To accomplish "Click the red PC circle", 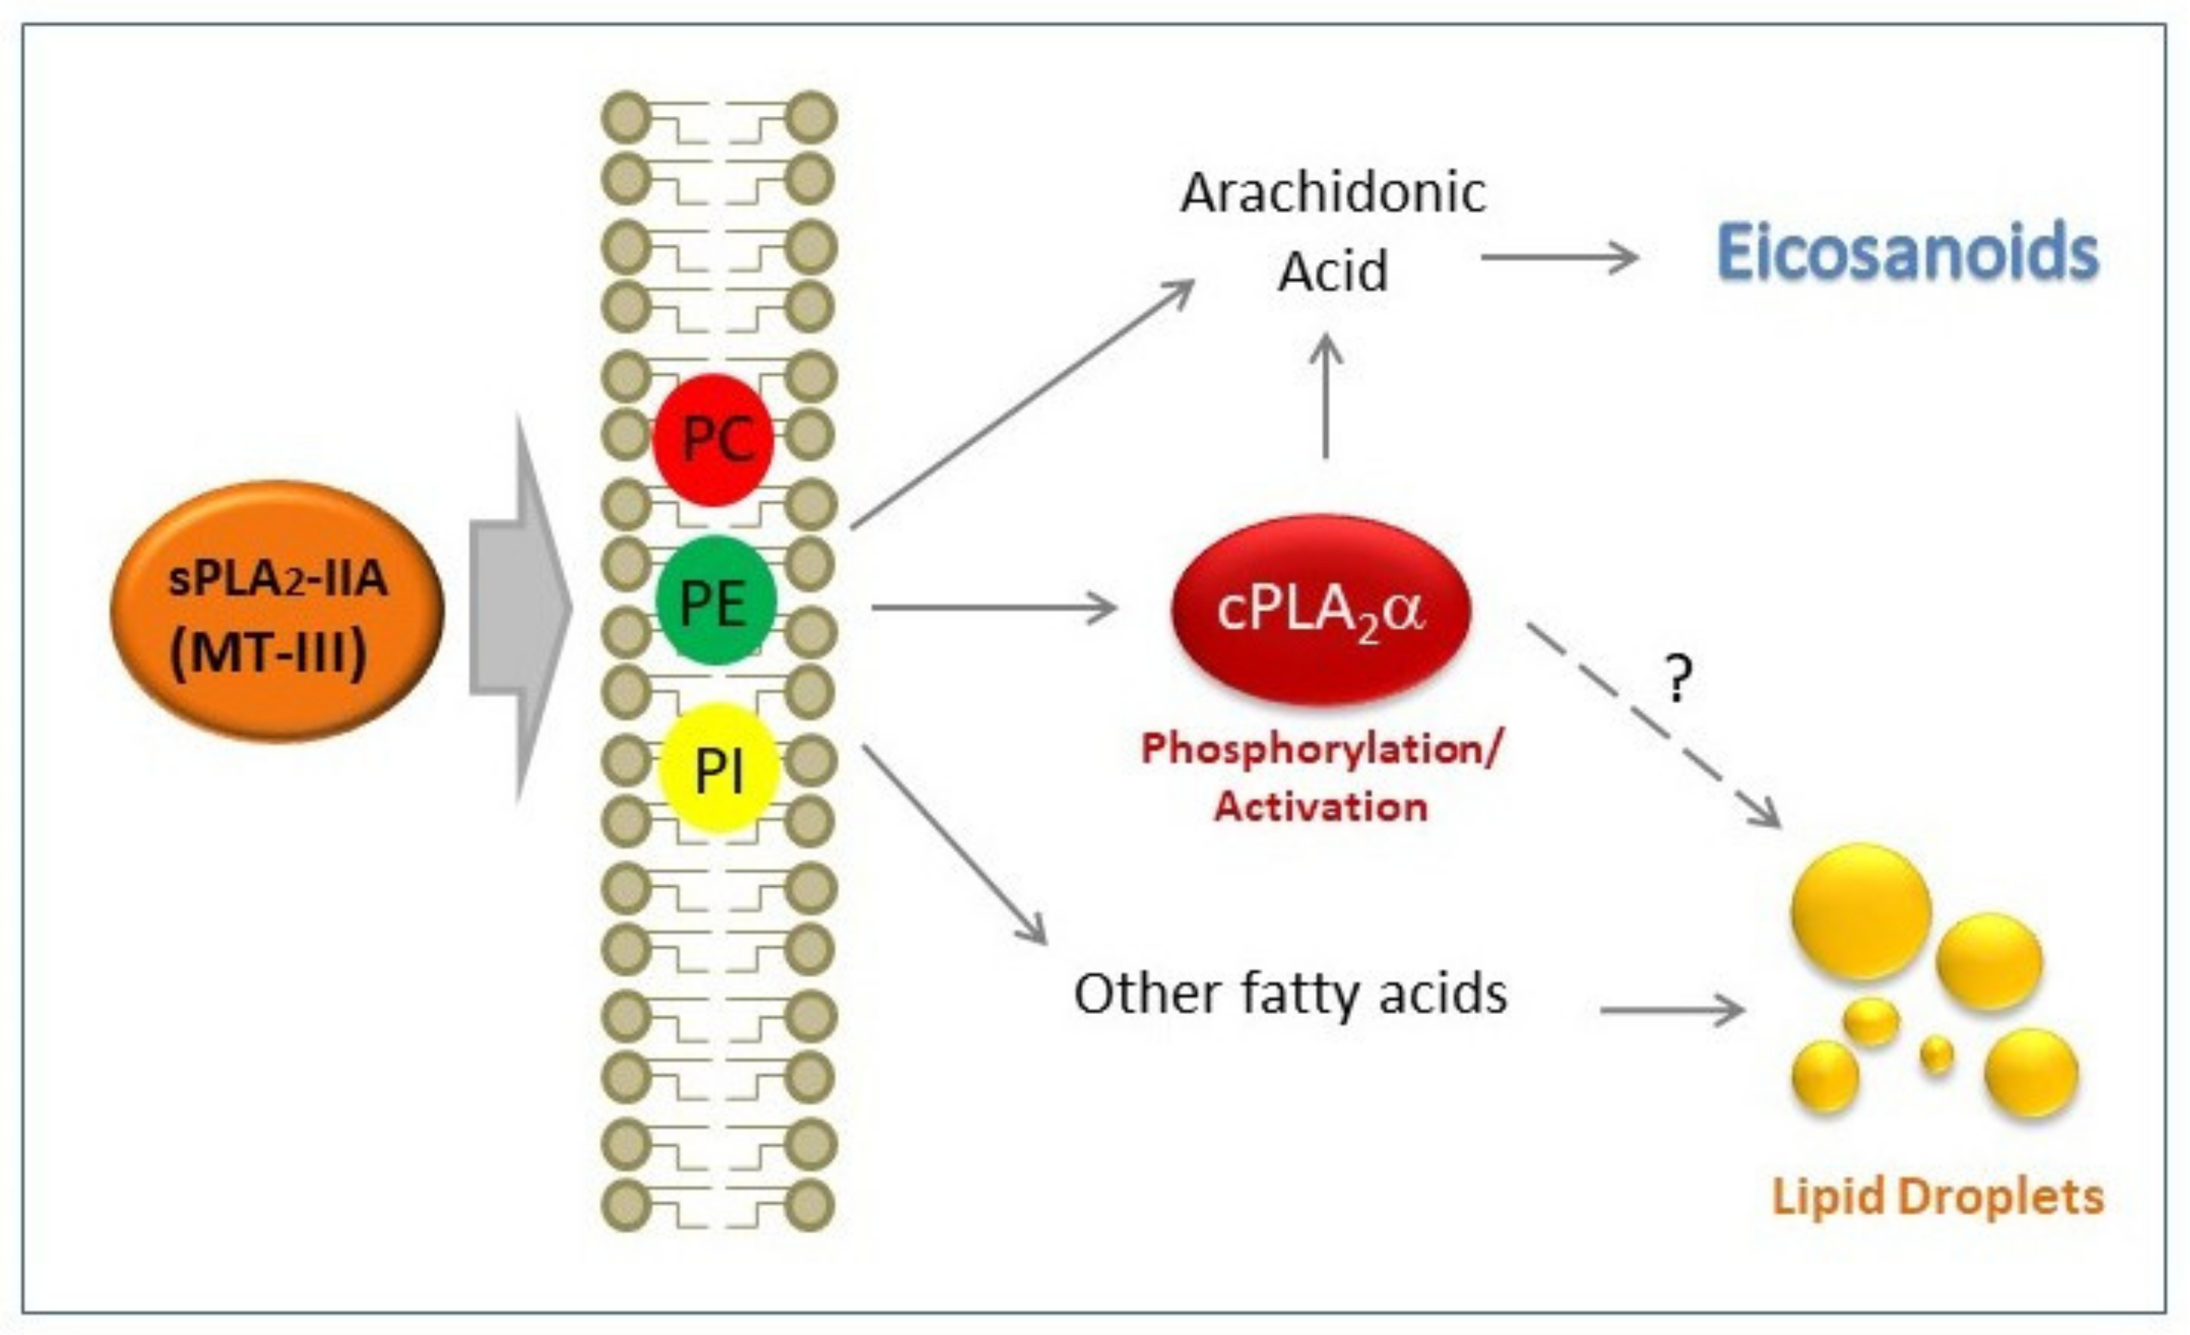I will coord(714,439).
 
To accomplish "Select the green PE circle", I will coord(715,601).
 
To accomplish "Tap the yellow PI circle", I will coord(719,768).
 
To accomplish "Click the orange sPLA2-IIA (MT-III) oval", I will coord(277,610).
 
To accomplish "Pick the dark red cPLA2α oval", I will coord(1321,610).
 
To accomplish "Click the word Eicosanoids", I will coord(1907,253).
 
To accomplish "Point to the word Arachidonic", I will coord(1333,193).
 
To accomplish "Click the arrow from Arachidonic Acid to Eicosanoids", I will coord(1559,257).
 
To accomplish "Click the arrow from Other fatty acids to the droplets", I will coord(1671,1010).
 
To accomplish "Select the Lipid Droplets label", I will coord(1937,1197).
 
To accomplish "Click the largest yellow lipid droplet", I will coord(1860,912).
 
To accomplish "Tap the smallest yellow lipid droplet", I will coord(1937,1055).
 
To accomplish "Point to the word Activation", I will coord(1321,806).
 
